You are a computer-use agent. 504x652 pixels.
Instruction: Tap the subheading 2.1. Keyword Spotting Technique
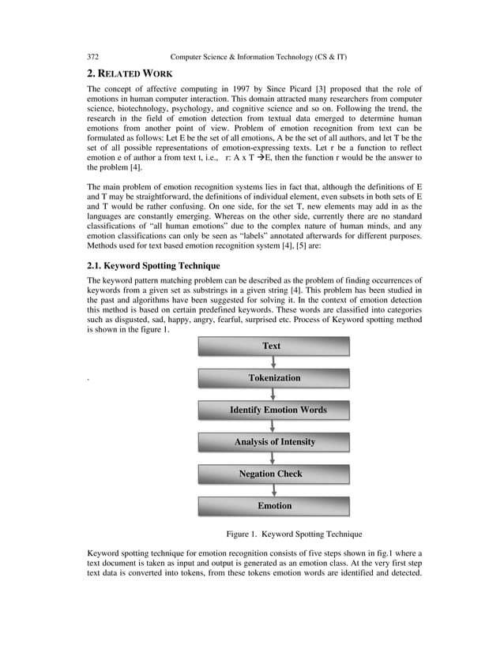click(x=153, y=265)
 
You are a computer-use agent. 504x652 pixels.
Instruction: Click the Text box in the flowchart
click(x=271, y=346)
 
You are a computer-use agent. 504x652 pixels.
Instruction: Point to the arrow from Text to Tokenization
click(x=273, y=362)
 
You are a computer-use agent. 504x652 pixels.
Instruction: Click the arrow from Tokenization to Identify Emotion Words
click(x=273, y=394)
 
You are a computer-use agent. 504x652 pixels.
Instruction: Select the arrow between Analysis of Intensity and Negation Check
click(x=273, y=458)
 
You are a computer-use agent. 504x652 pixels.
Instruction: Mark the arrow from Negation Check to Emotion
click(x=273, y=489)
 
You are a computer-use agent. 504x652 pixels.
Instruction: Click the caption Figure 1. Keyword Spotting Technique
click(x=294, y=534)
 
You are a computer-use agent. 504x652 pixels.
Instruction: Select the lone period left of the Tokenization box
click(x=88, y=380)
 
